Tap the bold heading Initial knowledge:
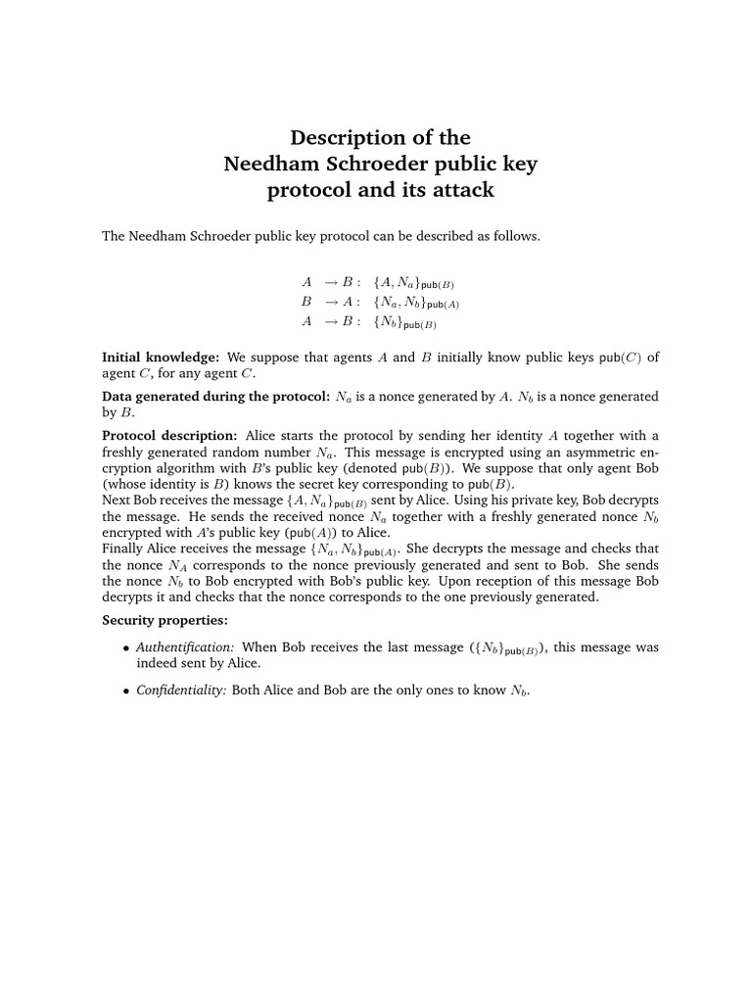pyautogui.click(x=161, y=358)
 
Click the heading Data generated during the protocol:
pyautogui.click(x=215, y=397)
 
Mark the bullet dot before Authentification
pyautogui.click(x=125, y=648)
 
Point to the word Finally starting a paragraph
pyautogui.click(x=124, y=548)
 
